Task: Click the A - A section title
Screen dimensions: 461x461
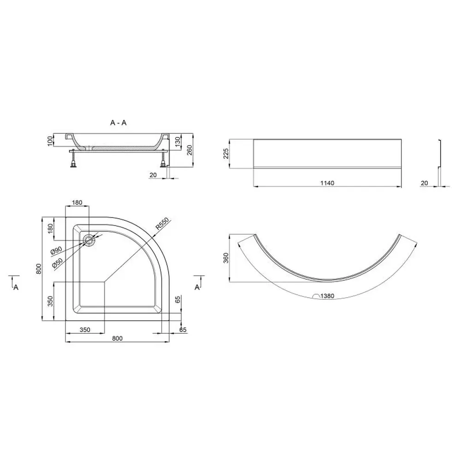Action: pyautogui.click(x=118, y=123)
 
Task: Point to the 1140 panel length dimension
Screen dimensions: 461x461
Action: pyautogui.click(x=327, y=183)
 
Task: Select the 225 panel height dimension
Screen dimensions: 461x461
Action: pyautogui.click(x=226, y=154)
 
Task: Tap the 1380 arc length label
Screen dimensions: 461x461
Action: pyautogui.click(x=327, y=296)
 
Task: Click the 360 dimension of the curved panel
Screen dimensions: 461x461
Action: pyautogui.click(x=226, y=258)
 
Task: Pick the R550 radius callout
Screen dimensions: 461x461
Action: pyautogui.click(x=162, y=224)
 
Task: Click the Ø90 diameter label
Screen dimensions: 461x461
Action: pyautogui.click(x=56, y=251)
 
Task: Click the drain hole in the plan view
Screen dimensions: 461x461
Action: pyautogui.click(x=89, y=240)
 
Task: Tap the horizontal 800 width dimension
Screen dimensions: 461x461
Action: pyautogui.click(x=117, y=338)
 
